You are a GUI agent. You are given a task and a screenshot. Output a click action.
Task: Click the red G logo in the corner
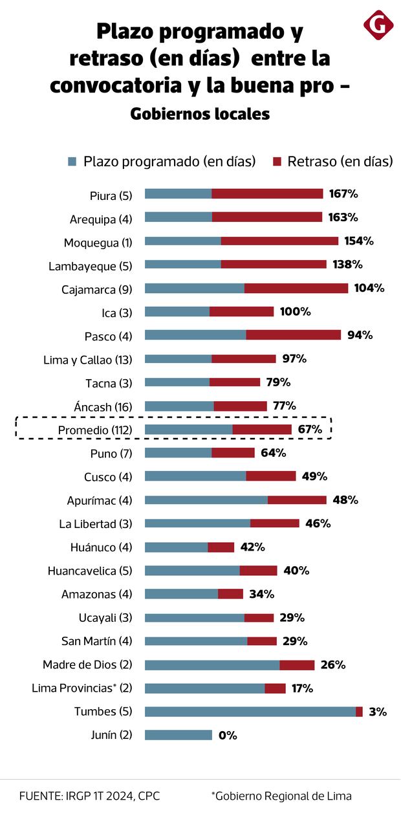point(378,25)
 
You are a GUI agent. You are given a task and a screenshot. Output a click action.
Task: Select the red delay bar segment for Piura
point(267,194)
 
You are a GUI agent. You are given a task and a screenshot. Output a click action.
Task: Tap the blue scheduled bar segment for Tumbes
point(250,712)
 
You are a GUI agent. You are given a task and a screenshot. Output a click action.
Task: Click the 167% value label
point(343,194)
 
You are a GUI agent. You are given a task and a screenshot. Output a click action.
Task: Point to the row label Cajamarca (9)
point(96,289)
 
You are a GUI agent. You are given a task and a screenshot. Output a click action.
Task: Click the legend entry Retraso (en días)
point(333,162)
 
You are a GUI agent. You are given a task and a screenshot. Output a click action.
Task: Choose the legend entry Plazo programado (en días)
point(162,162)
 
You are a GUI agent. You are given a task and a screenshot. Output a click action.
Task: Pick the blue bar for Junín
point(178,735)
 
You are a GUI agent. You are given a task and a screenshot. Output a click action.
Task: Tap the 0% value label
point(228,735)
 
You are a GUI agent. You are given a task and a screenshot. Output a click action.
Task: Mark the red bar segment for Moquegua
point(279,241)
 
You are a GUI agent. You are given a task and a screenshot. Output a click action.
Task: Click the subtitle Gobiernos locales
point(200,115)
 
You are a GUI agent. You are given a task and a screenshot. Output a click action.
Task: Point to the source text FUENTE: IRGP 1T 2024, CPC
point(89,796)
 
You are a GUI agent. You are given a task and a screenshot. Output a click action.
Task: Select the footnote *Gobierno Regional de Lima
point(281,796)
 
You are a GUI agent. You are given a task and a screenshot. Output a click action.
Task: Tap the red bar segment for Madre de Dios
point(297,665)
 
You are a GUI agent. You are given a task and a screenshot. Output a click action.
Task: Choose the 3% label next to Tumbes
point(378,712)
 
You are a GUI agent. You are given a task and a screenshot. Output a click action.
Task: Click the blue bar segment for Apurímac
point(206,500)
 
